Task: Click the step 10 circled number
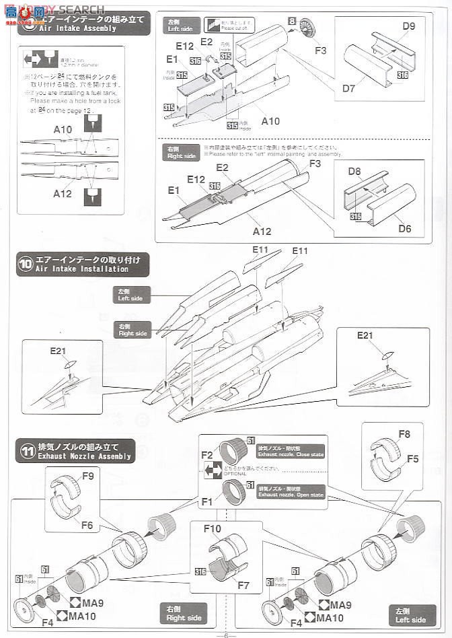[x=26, y=264]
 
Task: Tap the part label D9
[x=408, y=27]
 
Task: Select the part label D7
[x=348, y=87]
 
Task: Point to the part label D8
[x=355, y=172]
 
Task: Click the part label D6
[x=404, y=229]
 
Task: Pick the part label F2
[x=207, y=454]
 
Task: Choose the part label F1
[x=207, y=501]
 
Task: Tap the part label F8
[x=404, y=434]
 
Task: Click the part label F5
[x=412, y=459]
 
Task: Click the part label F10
[x=213, y=529]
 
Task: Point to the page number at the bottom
[x=226, y=633]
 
